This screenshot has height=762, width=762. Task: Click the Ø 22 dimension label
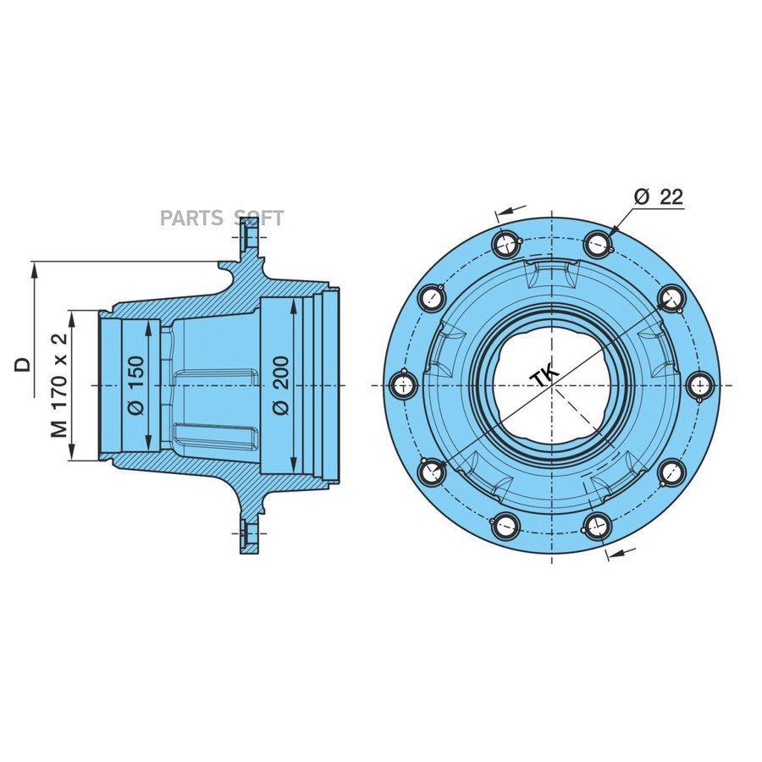click(x=658, y=196)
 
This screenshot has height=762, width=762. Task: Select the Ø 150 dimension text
click(x=135, y=384)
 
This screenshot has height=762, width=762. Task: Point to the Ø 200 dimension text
click(x=280, y=384)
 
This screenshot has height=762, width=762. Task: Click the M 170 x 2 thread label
click(x=59, y=385)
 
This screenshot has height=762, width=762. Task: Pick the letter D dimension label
click(x=23, y=364)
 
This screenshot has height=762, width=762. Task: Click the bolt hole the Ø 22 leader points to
click(x=598, y=243)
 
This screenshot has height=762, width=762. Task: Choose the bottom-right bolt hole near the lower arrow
click(x=598, y=526)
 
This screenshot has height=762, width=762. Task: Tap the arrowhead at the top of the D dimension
click(x=35, y=268)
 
